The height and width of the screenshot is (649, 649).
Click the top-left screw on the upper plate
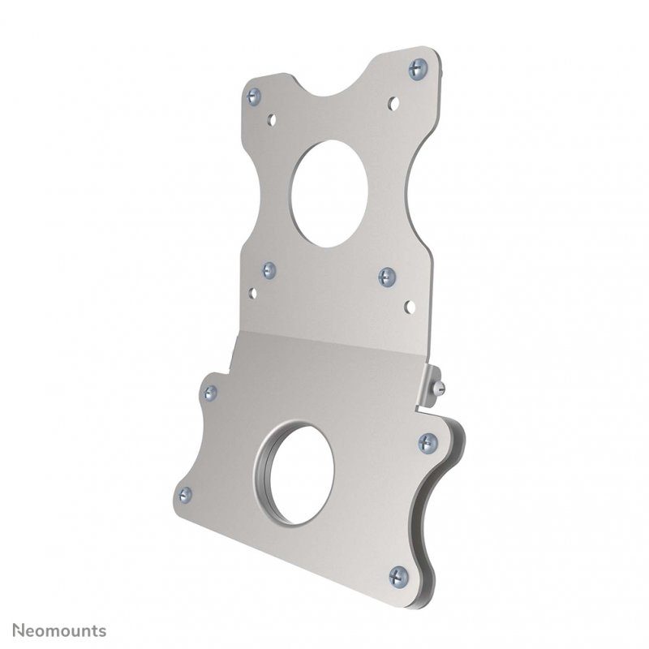pyautogui.click(x=254, y=96)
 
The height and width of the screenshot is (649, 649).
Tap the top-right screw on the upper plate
pyautogui.click(x=417, y=69)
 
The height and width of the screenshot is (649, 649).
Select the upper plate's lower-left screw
pyautogui.click(x=269, y=270)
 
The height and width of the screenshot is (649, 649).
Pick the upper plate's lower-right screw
pyautogui.click(x=387, y=277)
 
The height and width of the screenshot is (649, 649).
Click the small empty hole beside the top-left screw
pyautogui.click(x=273, y=118)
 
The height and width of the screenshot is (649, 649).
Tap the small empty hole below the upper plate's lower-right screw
pyautogui.click(x=409, y=307)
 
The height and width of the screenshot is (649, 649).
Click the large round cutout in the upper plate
pyautogui.click(x=329, y=194)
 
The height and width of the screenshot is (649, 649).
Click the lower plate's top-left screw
pyautogui.click(x=210, y=393)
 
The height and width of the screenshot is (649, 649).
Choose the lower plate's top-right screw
pyautogui.click(x=428, y=442)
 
